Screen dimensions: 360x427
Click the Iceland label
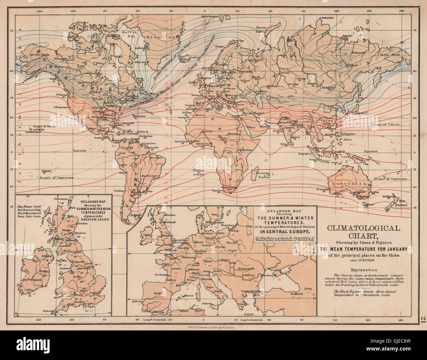[x=195, y=57]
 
